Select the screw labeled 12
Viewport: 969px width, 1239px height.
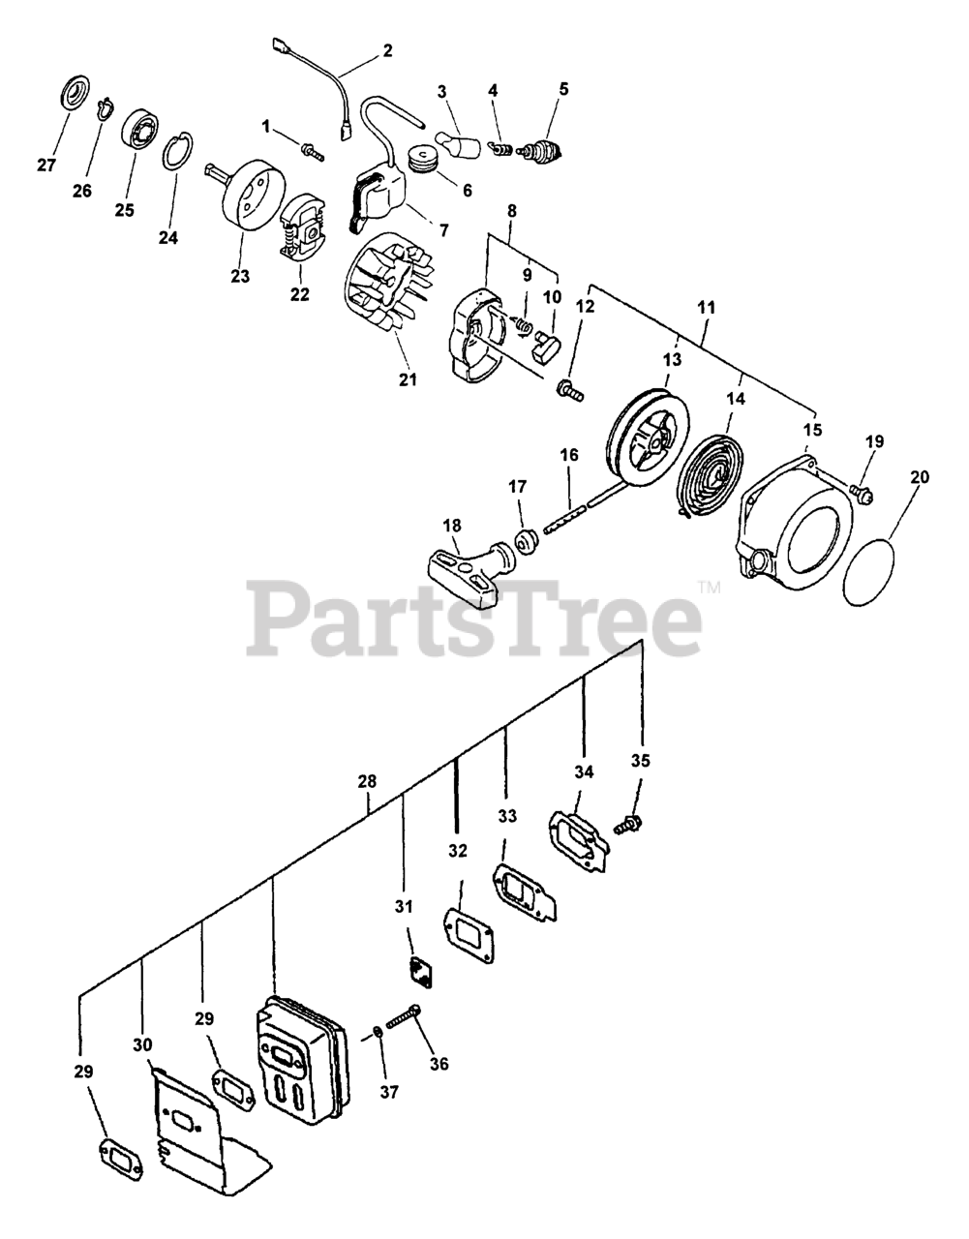pyautogui.click(x=569, y=392)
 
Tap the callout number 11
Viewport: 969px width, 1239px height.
pyautogui.click(x=706, y=307)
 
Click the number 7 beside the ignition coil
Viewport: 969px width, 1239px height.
pyautogui.click(x=443, y=230)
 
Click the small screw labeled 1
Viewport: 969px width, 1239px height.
pyautogui.click(x=312, y=151)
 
